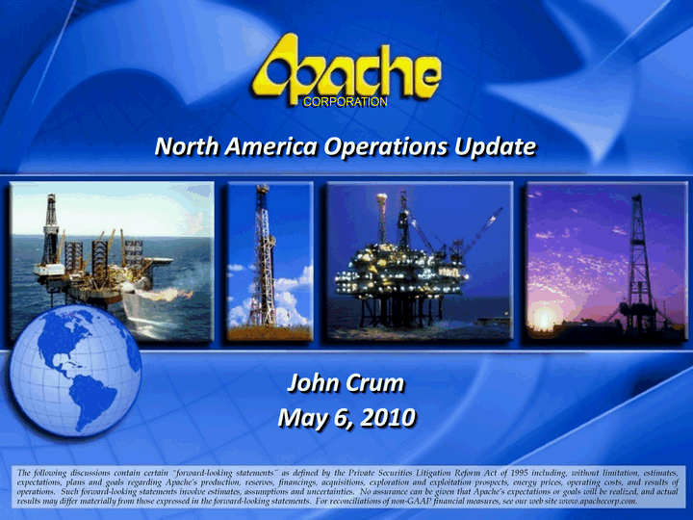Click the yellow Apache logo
pos(346,70)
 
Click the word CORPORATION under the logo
pos(346,102)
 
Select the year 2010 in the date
pos(388,417)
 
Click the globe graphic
pos(75,371)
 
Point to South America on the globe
pos(92,400)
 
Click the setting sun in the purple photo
pos(544,317)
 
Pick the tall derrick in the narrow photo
pos(264,255)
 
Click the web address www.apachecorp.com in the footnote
pos(597,501)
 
